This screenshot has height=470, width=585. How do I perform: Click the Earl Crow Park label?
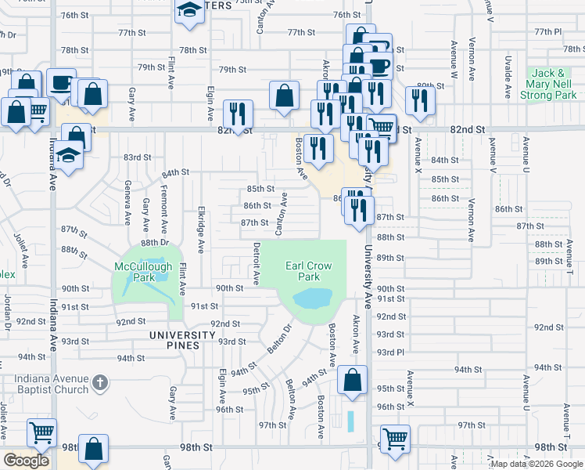click(x=309, y=271)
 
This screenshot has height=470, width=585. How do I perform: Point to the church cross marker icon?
click(x=99, y=383)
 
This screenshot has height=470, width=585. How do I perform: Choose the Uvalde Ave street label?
click(x=508, y=76)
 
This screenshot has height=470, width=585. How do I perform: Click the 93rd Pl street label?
click(x=390, y=352)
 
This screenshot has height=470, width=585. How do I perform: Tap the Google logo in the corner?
click(x=26, y=461)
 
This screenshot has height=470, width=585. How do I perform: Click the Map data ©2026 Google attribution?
click(x=537, y=464)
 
